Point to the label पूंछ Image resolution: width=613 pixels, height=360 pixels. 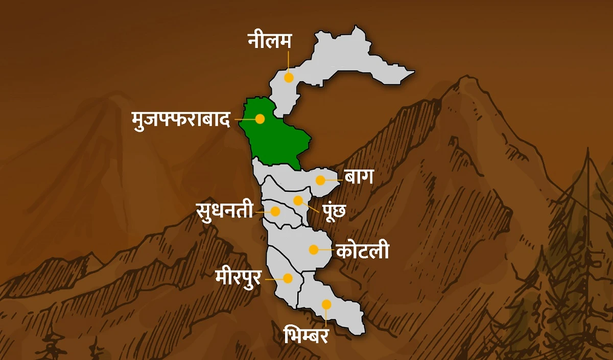pos(335,210)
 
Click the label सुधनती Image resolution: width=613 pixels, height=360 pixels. pos(225,210)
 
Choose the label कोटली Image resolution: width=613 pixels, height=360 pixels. pos(363,251)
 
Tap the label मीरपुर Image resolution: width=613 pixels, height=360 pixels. pos(238,278)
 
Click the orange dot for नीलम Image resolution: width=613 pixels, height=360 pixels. pos(289,78)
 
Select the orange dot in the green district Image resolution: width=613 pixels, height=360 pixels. pos(260,119)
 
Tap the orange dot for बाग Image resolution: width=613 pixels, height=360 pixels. pos(320,180)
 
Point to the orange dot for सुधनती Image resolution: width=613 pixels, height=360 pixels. pos(276,211)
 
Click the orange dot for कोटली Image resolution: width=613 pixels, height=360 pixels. pos(314,250)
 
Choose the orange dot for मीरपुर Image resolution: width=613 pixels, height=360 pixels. pos(288,278)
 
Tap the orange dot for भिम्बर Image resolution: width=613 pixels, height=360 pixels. pos(326,304)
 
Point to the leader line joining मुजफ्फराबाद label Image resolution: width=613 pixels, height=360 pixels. pos(245,119)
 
